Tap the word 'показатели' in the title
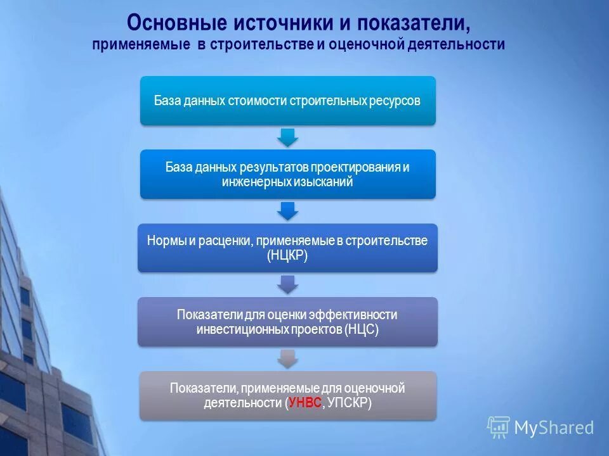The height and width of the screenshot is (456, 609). coord(414,22)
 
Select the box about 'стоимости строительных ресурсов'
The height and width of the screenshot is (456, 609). coord(287,101)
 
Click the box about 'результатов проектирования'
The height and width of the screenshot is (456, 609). coord(287,174)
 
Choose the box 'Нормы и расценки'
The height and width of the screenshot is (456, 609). coord(287,248)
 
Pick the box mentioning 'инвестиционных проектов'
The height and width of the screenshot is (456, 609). coord(287,322)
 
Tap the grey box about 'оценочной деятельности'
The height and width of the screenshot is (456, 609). coord(287,395)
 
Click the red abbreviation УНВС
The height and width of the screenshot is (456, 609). coord(305,403)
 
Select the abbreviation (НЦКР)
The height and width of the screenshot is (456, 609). coord(287,255)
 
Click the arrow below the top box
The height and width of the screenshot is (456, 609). coord(287,137)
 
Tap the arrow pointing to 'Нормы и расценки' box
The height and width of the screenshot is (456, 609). coord(287,210)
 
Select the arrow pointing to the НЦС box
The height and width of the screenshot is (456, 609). coord(287,284)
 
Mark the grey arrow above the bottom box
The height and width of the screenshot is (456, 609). coord(287,358)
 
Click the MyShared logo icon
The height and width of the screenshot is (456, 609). coord(499,427)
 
